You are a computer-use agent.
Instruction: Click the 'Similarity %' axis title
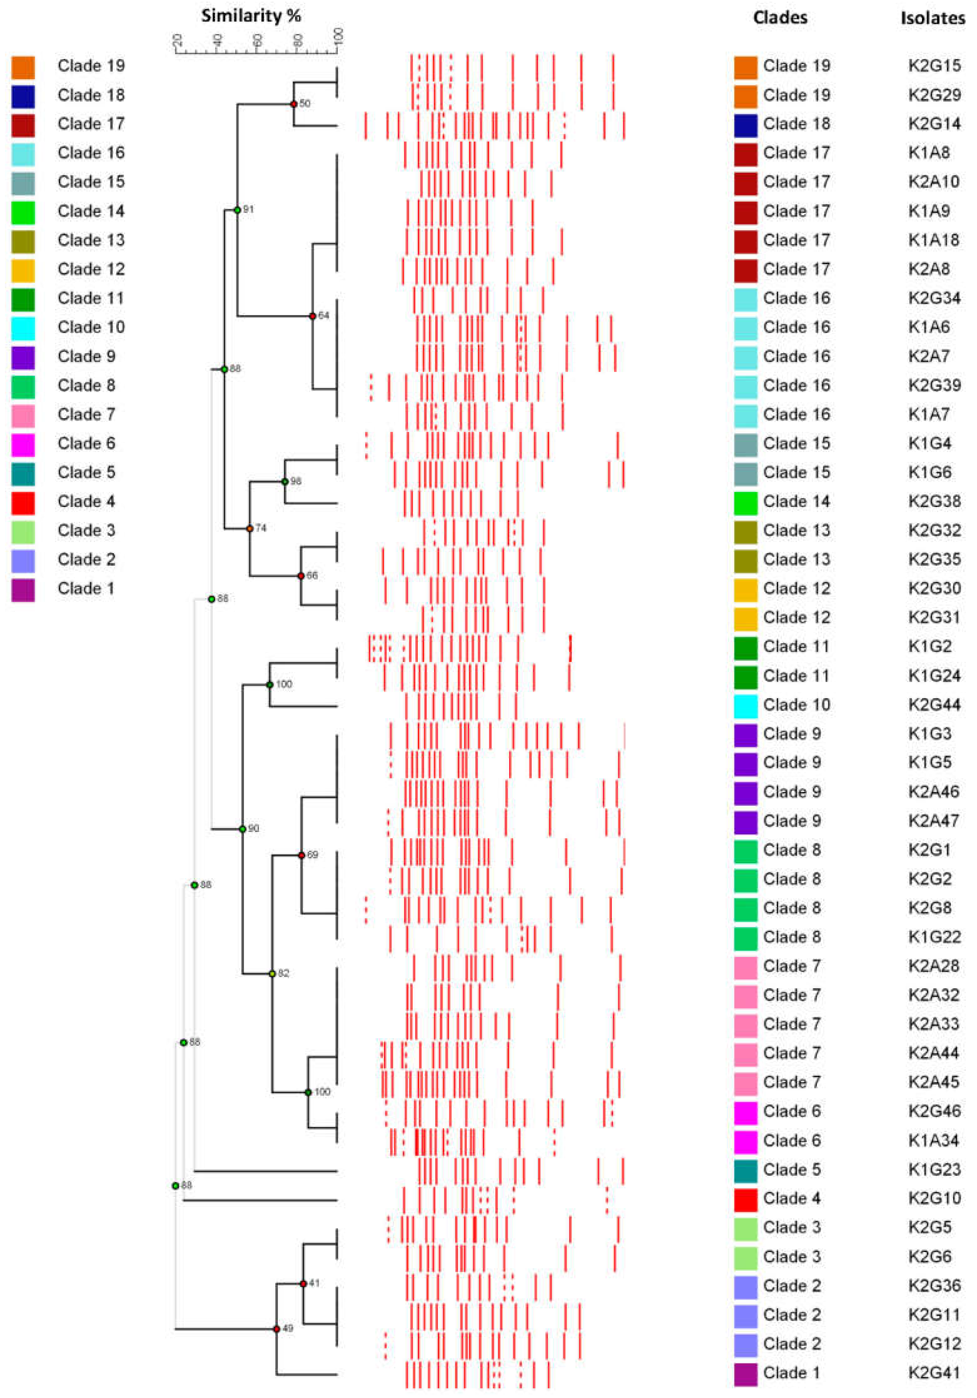pos(251,16)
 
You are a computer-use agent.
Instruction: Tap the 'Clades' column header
pos(780,17)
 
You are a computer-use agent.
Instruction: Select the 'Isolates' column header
pos(933,18)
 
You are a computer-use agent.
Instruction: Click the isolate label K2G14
pos(934,123)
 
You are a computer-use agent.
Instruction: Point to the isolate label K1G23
pos(934,1169)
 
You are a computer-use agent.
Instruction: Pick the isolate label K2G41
pos(934,1372)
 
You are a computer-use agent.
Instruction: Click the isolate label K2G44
pos(934,704)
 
